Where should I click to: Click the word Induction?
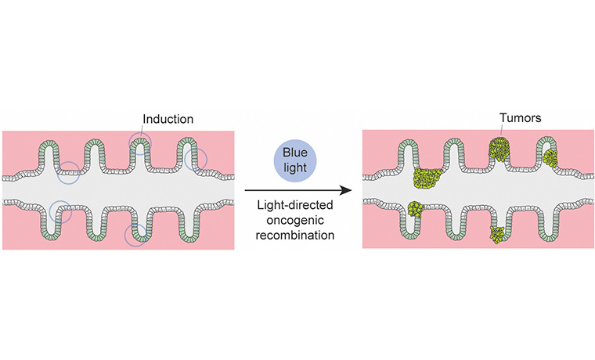click(168, 120)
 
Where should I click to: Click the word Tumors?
click(519, 120)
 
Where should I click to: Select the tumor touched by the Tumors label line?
click(499, 149)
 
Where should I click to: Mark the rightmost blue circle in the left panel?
click(196, 160)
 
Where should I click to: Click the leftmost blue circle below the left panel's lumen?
click(61, 211)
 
